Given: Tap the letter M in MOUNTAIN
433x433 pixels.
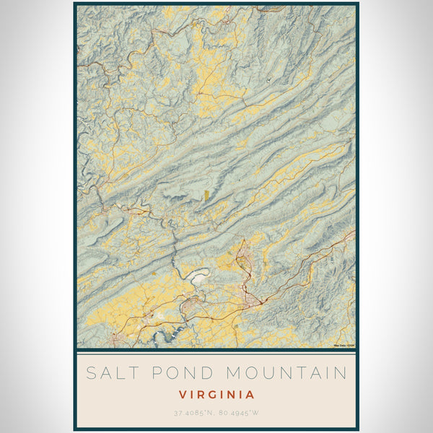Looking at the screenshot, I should (235, 373).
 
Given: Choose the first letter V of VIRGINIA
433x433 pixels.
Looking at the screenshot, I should (182, 395).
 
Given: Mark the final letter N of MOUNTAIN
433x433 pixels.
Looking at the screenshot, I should (341, 373).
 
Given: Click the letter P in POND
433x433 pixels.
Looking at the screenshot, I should (154, 373).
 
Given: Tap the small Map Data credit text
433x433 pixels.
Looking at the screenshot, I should (344, 344).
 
